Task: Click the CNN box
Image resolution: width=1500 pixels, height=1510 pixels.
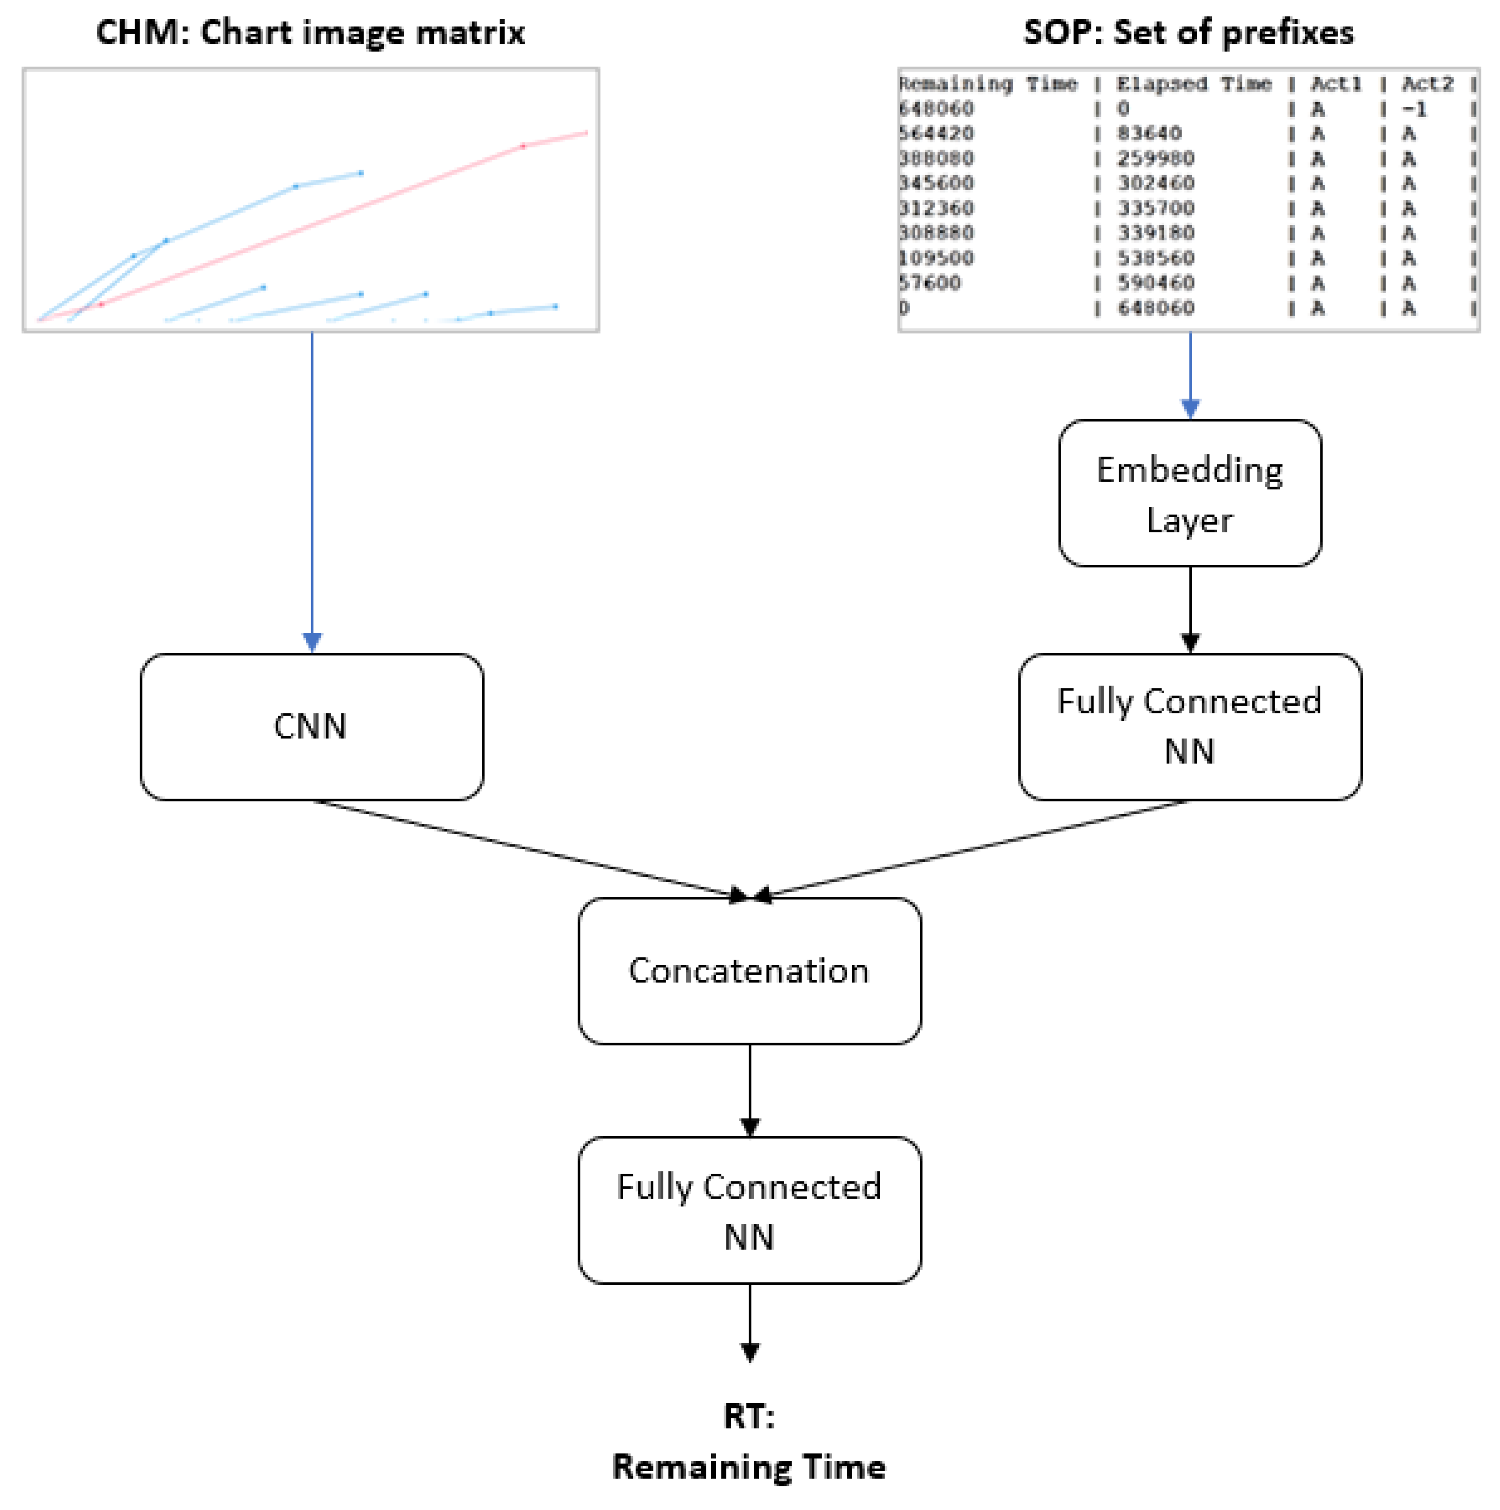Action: (311, 727)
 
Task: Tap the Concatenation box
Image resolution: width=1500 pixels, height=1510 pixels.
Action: (749, 971)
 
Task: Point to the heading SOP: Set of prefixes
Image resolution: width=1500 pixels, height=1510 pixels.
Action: (1188, 33)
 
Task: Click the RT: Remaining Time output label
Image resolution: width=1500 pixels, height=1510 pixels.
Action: (749, 1442)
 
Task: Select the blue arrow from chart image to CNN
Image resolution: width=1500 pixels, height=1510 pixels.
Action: (312, 485)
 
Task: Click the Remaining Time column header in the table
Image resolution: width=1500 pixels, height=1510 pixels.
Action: (987, 84)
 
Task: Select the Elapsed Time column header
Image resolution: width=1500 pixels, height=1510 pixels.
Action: (1194, 84)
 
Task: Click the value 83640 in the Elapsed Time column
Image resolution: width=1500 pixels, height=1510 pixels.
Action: (1149, 133)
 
